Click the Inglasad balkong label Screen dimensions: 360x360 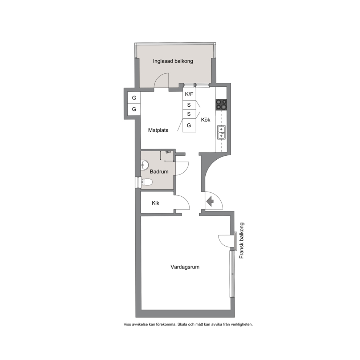(173, 61)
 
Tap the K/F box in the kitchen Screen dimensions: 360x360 (189, 94)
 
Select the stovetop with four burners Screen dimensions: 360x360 (221, 104)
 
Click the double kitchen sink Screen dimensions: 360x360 (221, 132)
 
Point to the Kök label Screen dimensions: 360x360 (206, 120)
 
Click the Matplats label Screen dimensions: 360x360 (158, 130)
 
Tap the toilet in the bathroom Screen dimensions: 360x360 (147, 182)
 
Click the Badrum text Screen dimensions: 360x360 (159, 172)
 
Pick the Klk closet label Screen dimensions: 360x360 (155, 203)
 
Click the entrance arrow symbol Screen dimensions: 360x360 (210, 201)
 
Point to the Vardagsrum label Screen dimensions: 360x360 (185, 267)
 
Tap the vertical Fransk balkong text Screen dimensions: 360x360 (242, 240)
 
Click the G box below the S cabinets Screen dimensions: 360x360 (189, 125)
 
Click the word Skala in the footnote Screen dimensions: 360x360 (183, 324)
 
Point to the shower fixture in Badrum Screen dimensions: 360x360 (168, 152)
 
